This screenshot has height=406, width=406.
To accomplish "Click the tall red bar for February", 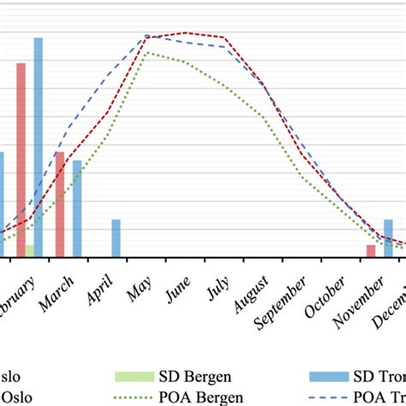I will [21, 159].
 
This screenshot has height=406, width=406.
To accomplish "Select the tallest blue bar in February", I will [39, 146].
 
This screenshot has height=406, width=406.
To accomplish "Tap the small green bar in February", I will [30, 250].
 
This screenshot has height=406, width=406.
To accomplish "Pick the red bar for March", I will [60, 204].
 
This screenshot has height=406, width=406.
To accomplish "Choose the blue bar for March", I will [77, 208].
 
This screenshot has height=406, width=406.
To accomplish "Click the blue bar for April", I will [116, 237].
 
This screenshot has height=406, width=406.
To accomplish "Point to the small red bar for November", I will [371, 250].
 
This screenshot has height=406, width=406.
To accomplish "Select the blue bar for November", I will [388, 237].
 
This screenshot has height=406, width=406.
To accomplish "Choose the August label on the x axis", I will [250, 299].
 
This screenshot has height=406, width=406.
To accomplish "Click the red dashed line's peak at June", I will [186, 33].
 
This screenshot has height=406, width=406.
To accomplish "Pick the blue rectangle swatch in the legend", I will [330, 378].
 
